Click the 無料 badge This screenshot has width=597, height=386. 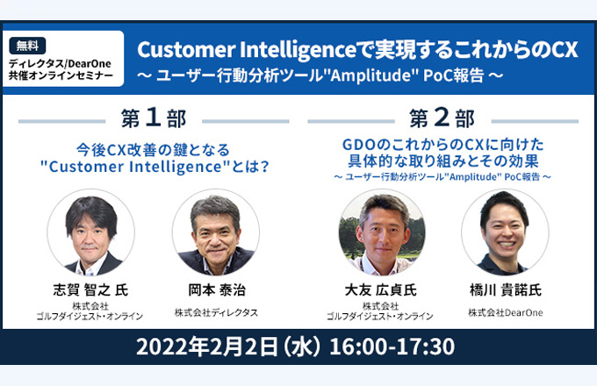point(27,46)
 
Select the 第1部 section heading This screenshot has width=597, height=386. point(154,118)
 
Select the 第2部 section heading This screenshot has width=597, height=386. point(442,118)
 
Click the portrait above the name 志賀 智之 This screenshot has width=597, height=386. point(90,232)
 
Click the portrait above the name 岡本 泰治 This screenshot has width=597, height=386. point(216,232)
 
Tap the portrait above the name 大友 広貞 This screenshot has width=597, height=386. point(382,232)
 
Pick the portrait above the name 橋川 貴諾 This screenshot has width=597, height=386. point(505,232)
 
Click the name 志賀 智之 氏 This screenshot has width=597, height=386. point(90,290)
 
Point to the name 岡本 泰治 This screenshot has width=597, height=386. point(217,290)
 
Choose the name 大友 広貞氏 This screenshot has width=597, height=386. point(380,290)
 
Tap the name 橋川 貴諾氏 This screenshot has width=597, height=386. point(506,290)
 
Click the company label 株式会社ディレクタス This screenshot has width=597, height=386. point(216,312)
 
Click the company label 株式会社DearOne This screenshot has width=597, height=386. point(506,312)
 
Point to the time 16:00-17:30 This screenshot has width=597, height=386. point(392,347)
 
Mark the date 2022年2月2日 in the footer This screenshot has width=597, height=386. point(207,347)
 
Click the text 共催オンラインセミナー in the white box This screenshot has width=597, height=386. point(61,75)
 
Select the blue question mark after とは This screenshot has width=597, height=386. point(264,167)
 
